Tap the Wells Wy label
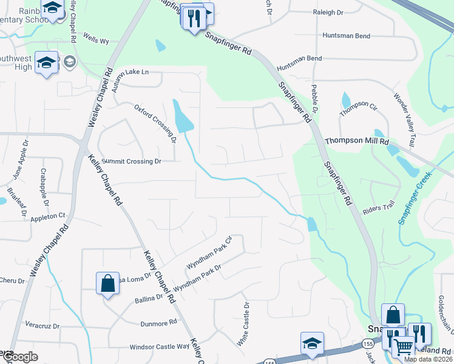[x=96, y=41]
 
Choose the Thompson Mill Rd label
[x=356, y=141]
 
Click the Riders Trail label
[x=378, y=208]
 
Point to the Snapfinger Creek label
[x=415, y=198]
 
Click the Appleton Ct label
[x=48, y=215]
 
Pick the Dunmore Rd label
[x=158, y=323]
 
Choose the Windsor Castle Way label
[x=160, y=347]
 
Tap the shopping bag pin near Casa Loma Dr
[x=107, y=283]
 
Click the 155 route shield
[x=270, y=362]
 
